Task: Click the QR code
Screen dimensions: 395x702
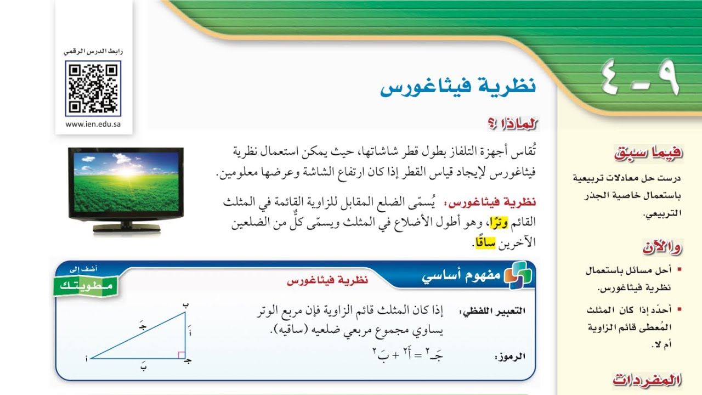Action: click(x=93, y=88)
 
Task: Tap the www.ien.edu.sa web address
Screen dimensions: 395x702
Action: click(x=93, y=124)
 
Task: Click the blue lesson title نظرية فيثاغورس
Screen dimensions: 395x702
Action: click(x=458, y=88)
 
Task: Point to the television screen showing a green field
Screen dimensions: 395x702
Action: click(x=126, y=182)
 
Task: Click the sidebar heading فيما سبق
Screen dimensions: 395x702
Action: click(x=649, y=154)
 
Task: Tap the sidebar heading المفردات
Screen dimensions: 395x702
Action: click(x=647, y=380)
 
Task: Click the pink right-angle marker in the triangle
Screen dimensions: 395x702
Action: click(x=182, y=355)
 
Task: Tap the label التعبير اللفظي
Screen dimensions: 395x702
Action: click(x=492, y=311)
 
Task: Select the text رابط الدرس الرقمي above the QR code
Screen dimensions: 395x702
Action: click(x=93, y=52)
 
